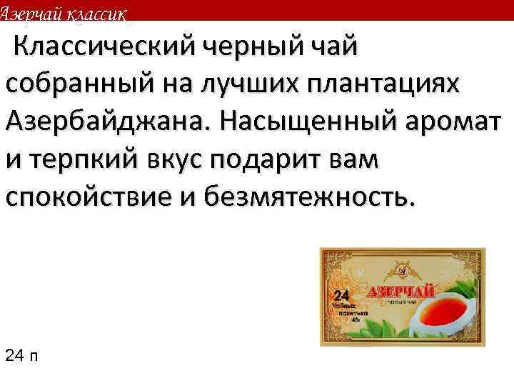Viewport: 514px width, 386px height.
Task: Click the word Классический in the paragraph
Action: (x=106, y=49)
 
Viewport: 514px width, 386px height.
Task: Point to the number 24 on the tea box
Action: (x=341, y=295)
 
